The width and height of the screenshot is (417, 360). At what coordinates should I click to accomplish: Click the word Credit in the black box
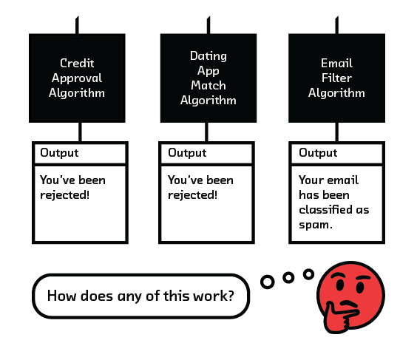coord(77,64)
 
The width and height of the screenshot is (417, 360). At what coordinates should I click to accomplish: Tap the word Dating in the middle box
coord(208,56)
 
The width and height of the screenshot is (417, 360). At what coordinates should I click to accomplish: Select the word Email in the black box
coord(336,64)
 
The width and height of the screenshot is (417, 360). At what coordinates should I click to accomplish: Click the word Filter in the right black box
coord(336,78)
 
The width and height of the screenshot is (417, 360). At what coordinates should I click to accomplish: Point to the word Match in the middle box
coord(208,85)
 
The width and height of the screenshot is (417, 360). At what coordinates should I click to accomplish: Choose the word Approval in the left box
coord(77,78)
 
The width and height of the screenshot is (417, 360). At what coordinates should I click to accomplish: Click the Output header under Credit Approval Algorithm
coord(59,153)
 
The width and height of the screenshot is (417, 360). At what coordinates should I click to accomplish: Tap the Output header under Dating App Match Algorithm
coord(187,153)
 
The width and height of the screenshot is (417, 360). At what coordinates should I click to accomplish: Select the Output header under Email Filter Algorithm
coord(318,153)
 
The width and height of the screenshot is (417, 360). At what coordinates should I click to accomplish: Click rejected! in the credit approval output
coord(64,195)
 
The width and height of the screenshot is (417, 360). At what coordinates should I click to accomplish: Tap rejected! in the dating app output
coord(192,195)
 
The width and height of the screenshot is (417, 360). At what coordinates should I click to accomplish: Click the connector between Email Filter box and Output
coord(337,132)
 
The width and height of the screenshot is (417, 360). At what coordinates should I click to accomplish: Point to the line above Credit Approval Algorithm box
coord(77,25)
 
